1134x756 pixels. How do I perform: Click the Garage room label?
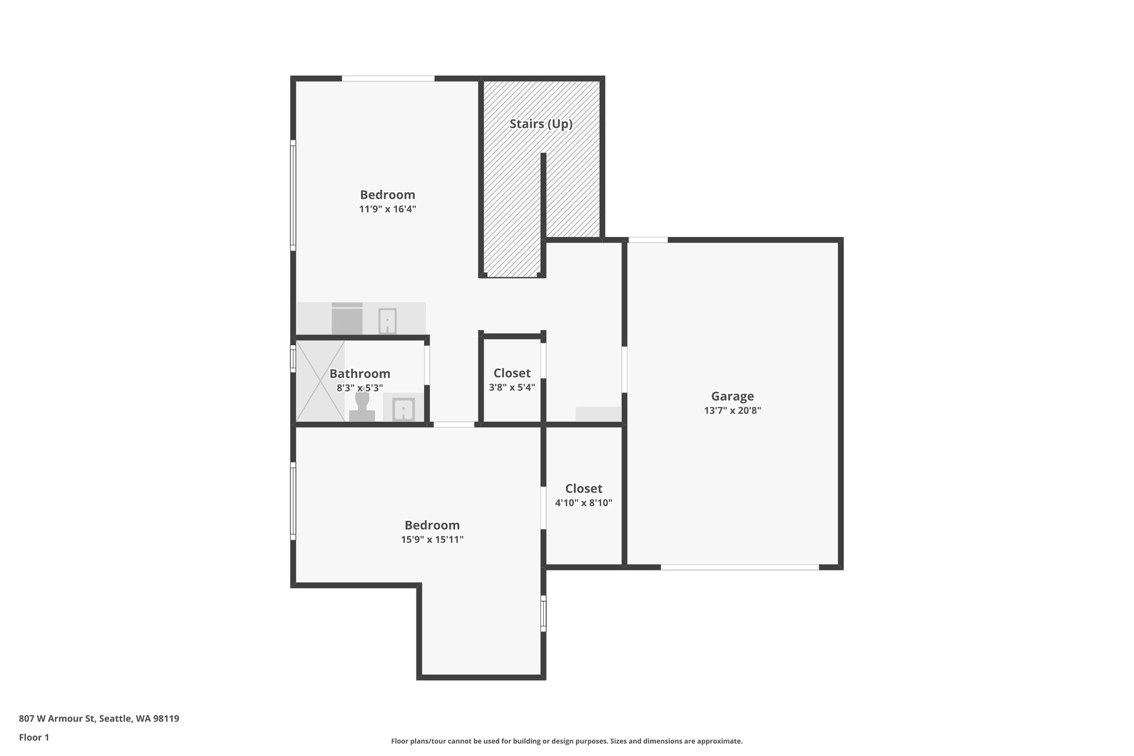[732, 396]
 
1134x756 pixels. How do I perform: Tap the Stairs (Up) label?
[540, 124]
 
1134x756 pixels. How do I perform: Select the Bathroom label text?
[359, 374]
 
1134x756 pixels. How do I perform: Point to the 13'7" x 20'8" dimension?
[732, 411]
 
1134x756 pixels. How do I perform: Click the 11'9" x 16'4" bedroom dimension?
[387, 209]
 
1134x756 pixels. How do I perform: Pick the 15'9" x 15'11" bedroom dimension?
[432, 539]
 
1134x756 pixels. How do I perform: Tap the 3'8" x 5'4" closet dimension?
[512, 388]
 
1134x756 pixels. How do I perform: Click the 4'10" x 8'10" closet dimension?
[584, 503]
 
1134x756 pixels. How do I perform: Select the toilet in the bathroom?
[362, 407]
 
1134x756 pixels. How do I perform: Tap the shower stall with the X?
[320, 380]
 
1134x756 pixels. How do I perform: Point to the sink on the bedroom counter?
[387, 321]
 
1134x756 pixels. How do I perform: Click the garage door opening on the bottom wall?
[739, 567]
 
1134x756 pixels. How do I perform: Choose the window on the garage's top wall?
[648, 240]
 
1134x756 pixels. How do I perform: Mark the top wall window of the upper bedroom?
[388, 79]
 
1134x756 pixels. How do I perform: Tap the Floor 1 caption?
[34, 737]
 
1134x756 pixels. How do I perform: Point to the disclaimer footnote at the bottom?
[566, 741]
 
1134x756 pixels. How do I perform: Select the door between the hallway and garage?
[624, 369]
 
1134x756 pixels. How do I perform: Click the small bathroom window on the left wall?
[293, 358]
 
